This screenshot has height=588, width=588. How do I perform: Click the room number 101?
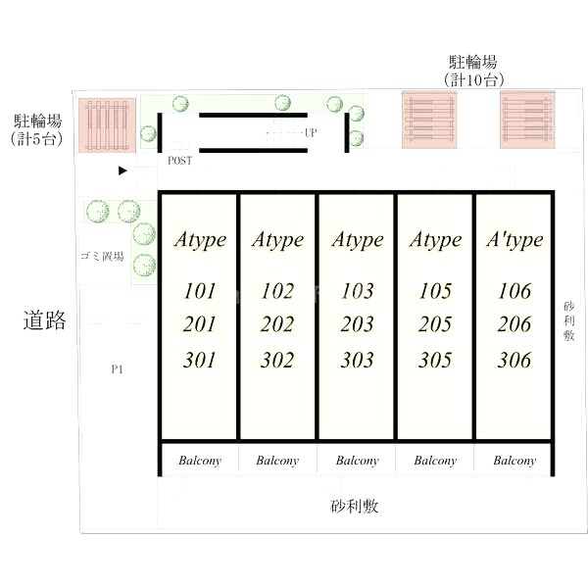pos(200,291)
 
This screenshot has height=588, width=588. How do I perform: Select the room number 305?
pos(435,360)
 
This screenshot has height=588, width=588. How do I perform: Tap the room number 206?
pos(514,324)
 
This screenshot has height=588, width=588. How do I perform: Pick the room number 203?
pos(357,324)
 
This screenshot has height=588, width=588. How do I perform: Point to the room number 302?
pos(277,360)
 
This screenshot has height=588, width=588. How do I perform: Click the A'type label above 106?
pos(514,240)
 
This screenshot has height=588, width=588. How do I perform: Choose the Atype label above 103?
pos(358,240)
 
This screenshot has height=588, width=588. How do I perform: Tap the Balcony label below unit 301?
pos(200,461)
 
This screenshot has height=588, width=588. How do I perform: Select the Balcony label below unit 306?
pos(514,461)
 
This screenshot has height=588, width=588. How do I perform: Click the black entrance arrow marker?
pos(122,171)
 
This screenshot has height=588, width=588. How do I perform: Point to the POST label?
pos(179,161)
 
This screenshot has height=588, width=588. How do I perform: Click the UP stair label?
pos(311,132)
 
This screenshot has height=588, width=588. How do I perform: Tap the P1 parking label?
pos(117,369)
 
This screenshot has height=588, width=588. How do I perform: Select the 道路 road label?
pos(45,319)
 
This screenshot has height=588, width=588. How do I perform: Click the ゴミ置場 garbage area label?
pos(102,256)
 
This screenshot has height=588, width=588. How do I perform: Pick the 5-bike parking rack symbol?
pos(107,125)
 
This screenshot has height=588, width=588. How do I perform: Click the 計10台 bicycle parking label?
pos(474,80)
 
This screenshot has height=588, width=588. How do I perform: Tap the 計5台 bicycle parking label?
pos(37,139)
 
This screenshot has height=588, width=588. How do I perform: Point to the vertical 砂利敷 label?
pos(568,321)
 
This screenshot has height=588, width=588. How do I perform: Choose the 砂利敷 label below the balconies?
pos(355,507)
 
